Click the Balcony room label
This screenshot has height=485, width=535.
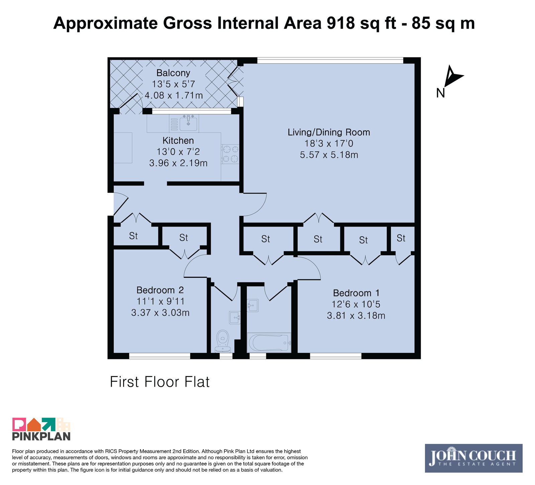coord(173,73)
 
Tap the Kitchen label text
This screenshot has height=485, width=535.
coord(178,140)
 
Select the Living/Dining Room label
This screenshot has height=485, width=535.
coord(329,132)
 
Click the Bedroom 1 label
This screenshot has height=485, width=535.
coord(356,293)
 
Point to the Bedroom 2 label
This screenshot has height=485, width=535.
coord(160,290)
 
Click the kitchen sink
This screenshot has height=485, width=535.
coord(189,123)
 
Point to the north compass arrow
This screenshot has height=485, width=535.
coord(452,76)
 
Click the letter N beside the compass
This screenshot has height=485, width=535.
coord(440,93)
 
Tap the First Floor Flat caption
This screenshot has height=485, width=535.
coord(160,382)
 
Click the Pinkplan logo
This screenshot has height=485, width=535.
coord(41,429)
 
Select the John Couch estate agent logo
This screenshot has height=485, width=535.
coord(473,458)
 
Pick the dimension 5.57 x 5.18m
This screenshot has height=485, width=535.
coord(329,155)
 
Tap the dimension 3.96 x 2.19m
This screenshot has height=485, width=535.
coord(178,163)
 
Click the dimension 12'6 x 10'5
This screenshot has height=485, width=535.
coord(356,304)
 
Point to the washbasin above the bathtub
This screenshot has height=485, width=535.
coord(252,305)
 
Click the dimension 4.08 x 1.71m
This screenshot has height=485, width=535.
coord(174,95)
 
